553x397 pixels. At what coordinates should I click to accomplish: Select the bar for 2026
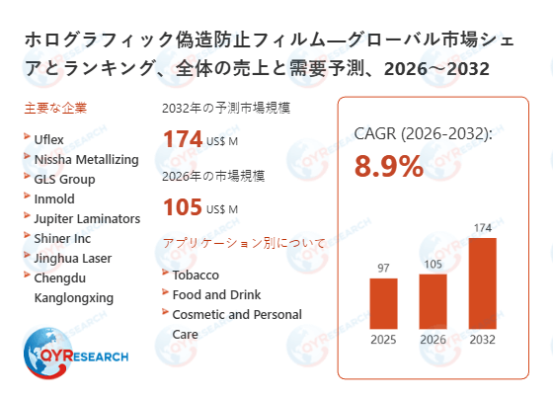(434, 301)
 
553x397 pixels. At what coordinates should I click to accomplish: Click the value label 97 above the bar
(383, 268)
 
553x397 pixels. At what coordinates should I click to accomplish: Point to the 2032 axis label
(484, 341)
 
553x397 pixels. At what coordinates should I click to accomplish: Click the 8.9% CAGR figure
(389, 166)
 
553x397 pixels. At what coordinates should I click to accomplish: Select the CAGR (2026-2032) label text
(423, 134)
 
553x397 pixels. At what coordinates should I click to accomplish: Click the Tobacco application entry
(196, 275)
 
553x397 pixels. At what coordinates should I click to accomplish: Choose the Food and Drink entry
(217, 294)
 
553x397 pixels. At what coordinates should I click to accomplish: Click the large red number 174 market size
(183, 139)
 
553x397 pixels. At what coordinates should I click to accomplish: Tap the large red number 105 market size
(183, 206)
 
